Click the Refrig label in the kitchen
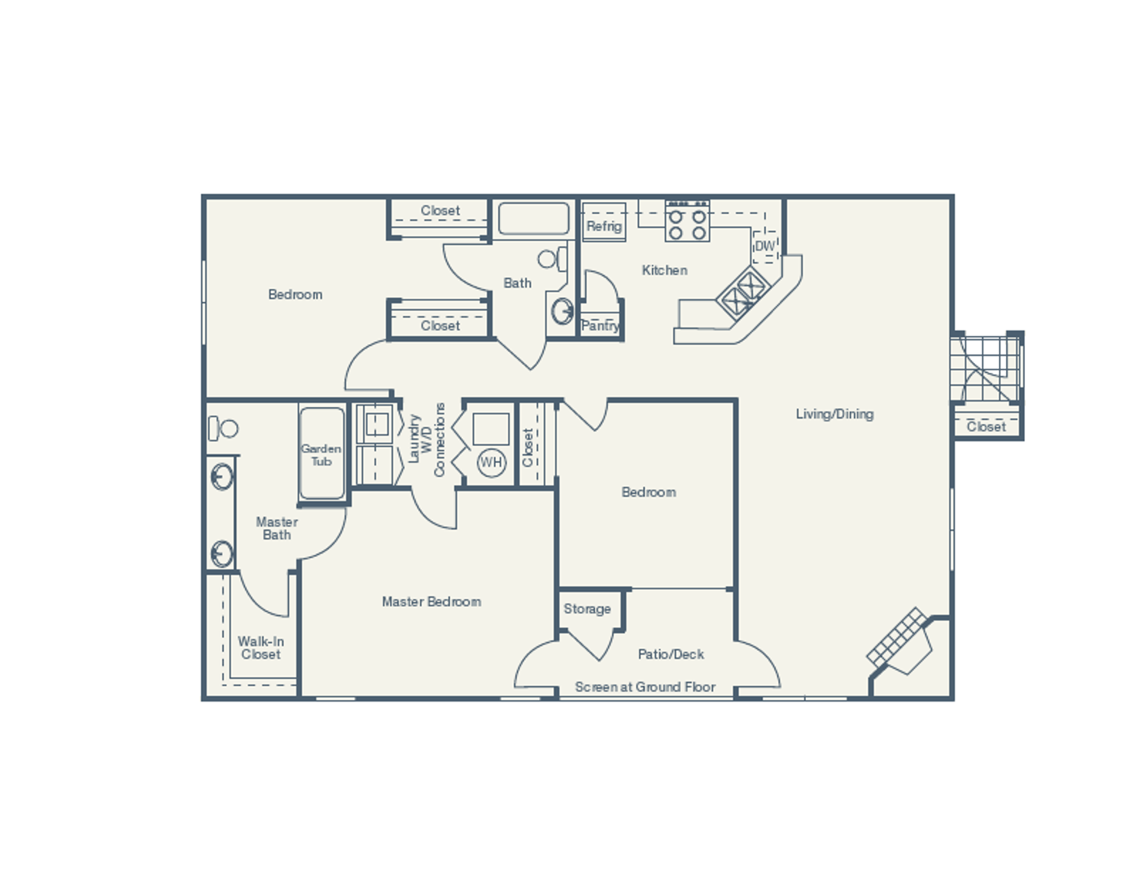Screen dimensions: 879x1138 click(604, 226)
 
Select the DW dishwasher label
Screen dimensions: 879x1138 click(765, 246)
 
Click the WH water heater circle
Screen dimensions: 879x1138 click(491, 463)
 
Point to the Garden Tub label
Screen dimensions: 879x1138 click(322, 455)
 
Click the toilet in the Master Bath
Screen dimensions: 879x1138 click(222, 428)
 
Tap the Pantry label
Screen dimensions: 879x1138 click(600, 326)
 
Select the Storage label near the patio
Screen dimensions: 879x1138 click(587, 609)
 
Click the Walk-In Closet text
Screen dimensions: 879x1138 click(260, 648)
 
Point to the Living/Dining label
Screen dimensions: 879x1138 click(834, 413)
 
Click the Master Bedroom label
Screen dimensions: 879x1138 click(431, 601)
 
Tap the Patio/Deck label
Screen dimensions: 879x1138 click(671, 654)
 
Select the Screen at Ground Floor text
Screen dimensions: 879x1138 click(645, 687)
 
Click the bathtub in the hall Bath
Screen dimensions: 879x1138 click(533, 219)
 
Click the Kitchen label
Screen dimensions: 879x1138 click(664, 270)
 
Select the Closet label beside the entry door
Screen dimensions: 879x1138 click(986, 426)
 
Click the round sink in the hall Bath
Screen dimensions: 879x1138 click(562, 311)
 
